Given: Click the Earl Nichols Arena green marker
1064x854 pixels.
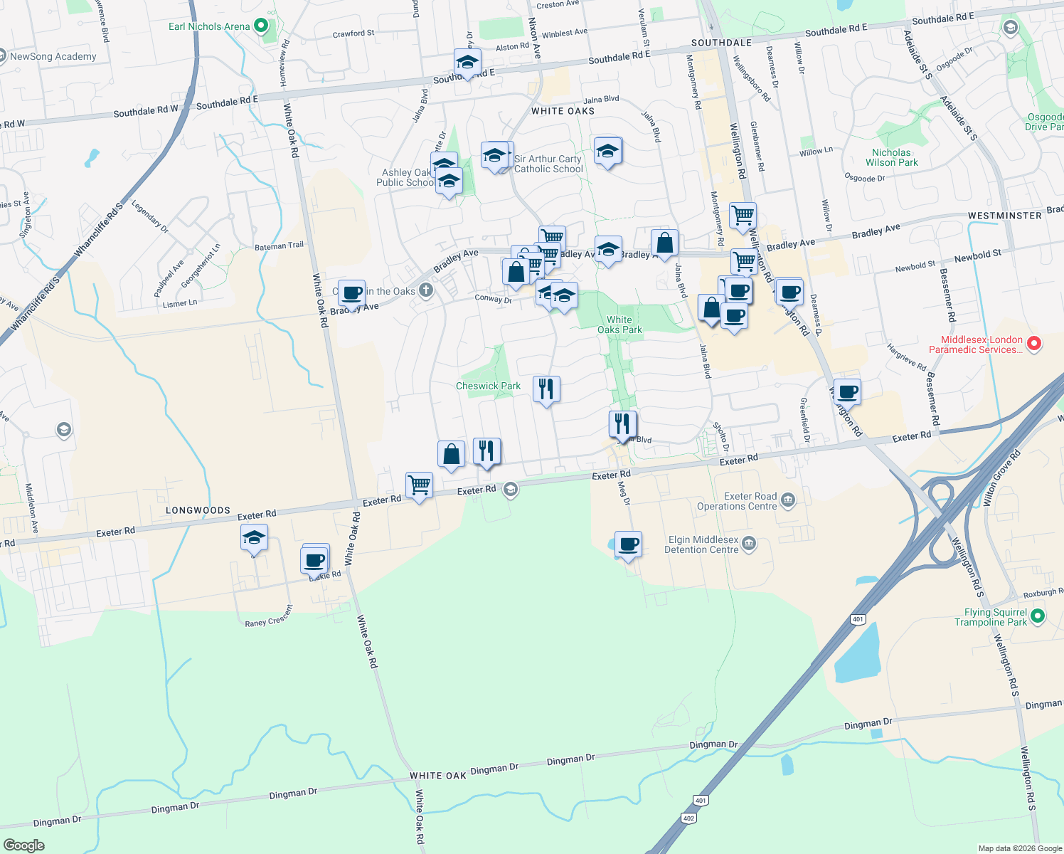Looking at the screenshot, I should pyautogui.click(x=261, y=26).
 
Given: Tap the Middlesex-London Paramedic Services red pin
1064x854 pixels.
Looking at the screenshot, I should pyautogui.click(x=1035, y=344).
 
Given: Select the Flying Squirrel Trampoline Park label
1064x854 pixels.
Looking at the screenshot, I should pyautogui.click(x=991, y=617).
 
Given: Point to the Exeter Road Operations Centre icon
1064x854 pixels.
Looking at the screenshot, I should pyautogui.click(x=787, y=500).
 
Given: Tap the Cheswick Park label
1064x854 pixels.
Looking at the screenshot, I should pyautogui.click(x=488, y=386).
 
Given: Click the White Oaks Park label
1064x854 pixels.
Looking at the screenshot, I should pyautogui.click(x=619, y=325).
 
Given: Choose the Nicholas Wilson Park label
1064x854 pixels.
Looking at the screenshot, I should pyautogui.click(x=891, y=157).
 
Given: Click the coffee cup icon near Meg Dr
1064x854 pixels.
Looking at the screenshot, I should pyautogui.click(x=628, y=544).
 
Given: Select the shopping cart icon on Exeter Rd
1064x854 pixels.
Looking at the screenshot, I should pyautogui.click(x=419, y=485).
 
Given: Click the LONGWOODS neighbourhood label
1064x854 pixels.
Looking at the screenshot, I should pyautogui.click(x=198, y=510).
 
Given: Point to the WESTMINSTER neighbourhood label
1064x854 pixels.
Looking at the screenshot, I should pyautogui.click(x=1004, y=216).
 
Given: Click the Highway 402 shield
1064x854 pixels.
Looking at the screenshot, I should pyautogui.click(x=688, y=818).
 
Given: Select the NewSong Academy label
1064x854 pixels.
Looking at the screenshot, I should pyautogui.click(x=53, y=56).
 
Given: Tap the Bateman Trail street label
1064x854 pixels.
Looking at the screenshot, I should pyautogui.click(x=279, y=246).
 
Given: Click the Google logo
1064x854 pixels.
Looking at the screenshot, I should pyautogui.click(x=23, y=845).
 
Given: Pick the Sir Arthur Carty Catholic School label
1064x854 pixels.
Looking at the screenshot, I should pyautogui.click(x=548, y=164).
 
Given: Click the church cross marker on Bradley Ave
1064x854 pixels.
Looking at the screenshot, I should pyautogui.click(x=426, y=290).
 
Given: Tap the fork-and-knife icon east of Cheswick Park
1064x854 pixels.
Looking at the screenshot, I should pyautogui.click(x=546, y=389).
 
